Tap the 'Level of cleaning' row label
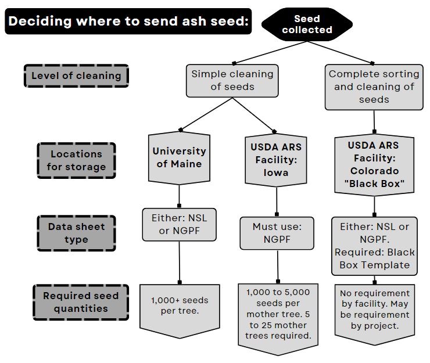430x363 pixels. pyautogui.click(x=76, y=76)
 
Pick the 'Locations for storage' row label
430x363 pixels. pyautogui.click(x=76, y=160)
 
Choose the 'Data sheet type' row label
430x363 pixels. pyautogui.click(x=76, y=233)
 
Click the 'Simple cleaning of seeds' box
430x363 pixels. pyautogui.click(x=232, y=81)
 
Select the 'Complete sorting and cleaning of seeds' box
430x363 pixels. pyautogui.click(x=374, y=87)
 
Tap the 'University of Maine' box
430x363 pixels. pyautogui.click(x=178, y=157)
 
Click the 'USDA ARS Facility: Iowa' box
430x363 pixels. pyautogui.click(x=275, y=159)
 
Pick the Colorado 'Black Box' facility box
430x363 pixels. pyautogui.click(x=374, y=165)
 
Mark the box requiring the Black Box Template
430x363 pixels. pyautogui.click(x=374, y=246)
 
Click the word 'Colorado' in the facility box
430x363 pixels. pyautogui.click(x=374, y=171)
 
